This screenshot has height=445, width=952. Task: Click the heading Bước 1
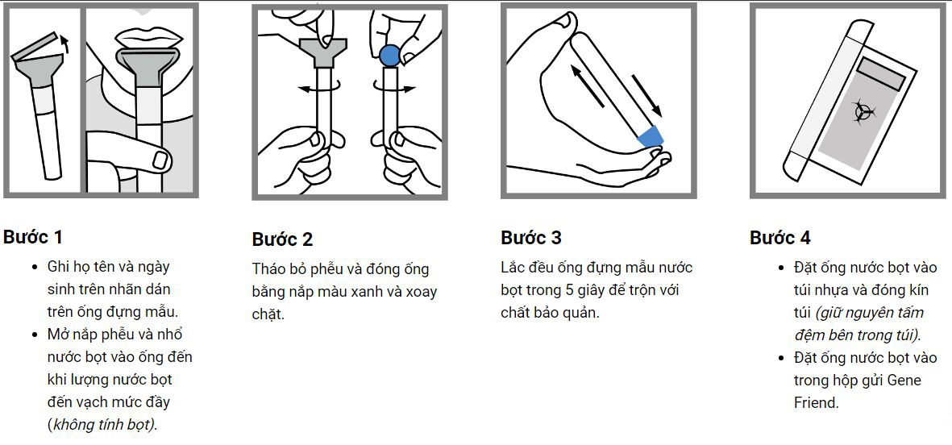(x=33, y=237)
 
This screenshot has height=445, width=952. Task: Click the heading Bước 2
(x=282, y=239)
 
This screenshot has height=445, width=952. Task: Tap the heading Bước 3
(x=531, y=238)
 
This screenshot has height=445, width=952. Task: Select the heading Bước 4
(x=780, y=238)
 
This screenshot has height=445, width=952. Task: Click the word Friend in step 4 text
(x=816, y=402)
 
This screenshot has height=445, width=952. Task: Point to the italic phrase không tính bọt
(x=103, y=424)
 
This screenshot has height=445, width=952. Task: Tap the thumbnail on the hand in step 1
(x=160, y=159)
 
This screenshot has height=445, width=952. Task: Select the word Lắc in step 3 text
(x=514, y=268)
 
